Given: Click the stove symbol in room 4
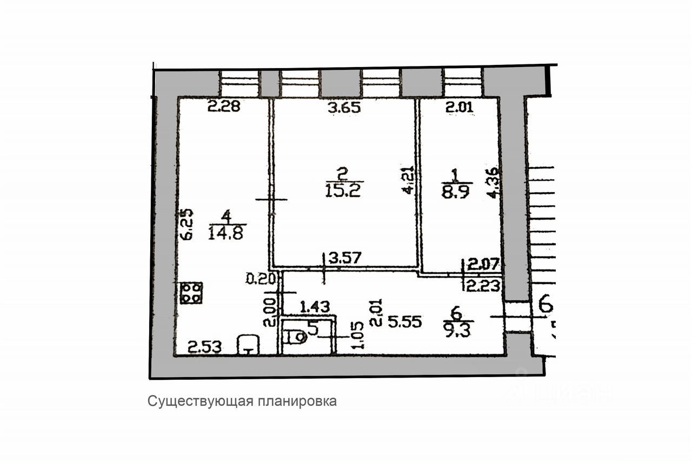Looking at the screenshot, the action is (191, 293).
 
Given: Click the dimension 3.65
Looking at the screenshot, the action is (344, 108).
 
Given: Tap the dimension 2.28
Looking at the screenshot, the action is (224, 107).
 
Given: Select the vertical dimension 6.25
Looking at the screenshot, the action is (184, 226).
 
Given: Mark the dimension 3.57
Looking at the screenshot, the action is (345, 259).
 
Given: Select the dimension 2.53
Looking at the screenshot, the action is (204, 347).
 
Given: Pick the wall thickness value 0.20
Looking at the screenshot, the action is (262, 279).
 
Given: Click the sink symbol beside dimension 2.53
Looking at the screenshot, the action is (248, 345).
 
